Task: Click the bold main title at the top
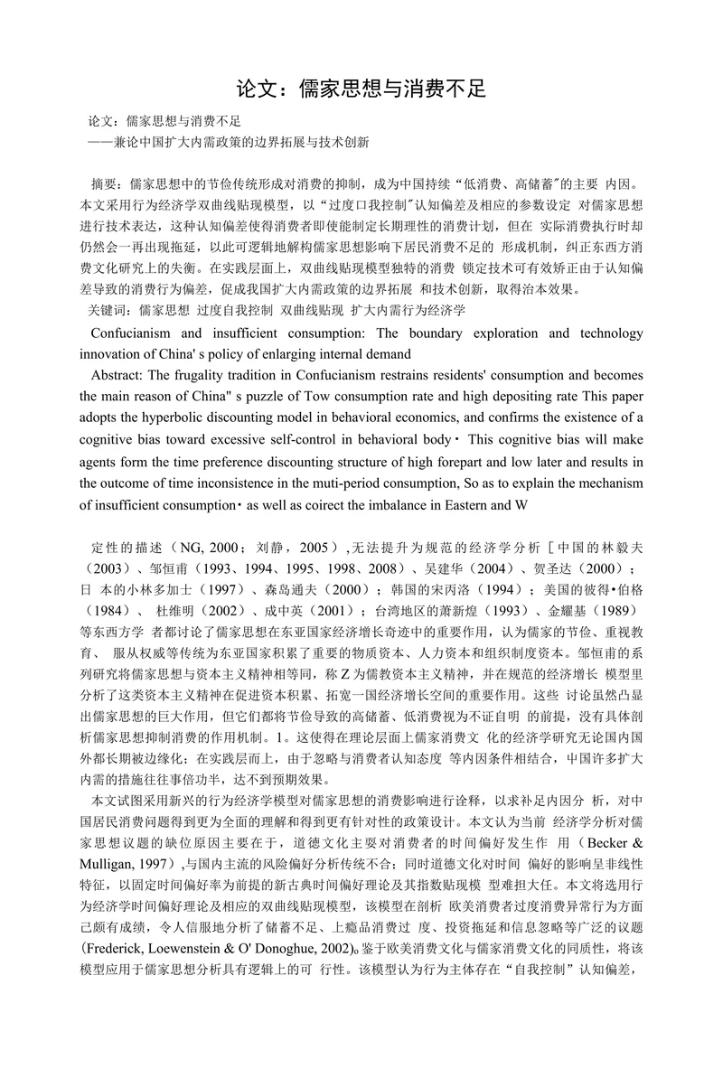pyautogui.click(x=361, y=88)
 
